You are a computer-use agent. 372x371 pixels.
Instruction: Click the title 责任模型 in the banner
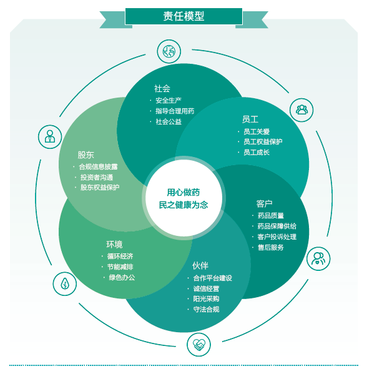pos(184,16)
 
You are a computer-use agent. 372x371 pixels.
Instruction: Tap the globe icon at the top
pos(169,51)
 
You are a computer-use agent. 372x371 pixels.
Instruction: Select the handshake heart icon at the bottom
pos(199,345)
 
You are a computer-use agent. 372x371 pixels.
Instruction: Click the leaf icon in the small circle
pos(65,283)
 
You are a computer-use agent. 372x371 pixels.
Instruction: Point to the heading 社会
pos(162,88)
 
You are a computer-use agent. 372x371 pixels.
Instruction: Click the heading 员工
pos(250,119)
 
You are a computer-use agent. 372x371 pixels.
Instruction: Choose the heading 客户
pos(264,203)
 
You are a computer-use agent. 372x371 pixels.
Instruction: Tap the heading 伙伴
pos(200,265)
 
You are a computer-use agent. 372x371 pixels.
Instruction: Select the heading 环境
pos(114,244)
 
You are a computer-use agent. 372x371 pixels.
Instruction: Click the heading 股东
pos(86,155)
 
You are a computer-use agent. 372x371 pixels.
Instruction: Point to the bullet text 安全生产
pos(169,100)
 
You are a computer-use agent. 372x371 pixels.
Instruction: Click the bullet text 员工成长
pos(257,152)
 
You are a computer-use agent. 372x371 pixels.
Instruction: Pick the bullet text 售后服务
pos(271,247)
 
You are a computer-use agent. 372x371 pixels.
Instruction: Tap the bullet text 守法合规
pos(206,309)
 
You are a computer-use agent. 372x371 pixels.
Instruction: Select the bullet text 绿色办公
pos(122,277)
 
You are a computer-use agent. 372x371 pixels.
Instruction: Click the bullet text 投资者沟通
pos(97,177)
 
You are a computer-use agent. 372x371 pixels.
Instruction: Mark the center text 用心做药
pos(184,193)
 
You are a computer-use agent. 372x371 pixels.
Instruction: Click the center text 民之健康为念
pos(184,205)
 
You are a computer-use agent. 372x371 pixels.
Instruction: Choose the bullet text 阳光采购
pos(206,298)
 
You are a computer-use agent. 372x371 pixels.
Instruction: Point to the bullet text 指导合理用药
pos(175,111)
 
